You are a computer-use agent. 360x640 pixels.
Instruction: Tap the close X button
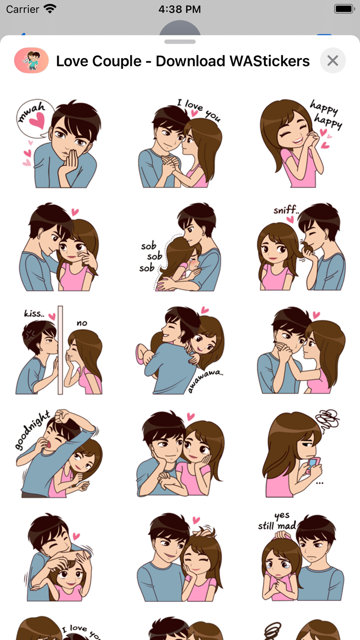333,61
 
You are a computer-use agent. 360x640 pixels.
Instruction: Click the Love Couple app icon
31,61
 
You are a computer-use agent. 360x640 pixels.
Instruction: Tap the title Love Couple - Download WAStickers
183,61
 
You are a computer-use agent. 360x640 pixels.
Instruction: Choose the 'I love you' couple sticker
180,144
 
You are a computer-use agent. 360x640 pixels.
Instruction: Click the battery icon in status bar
343,9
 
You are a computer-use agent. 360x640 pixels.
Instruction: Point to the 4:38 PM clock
179,9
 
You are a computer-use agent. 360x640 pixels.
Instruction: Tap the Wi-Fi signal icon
50,9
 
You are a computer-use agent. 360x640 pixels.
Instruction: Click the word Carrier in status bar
23,9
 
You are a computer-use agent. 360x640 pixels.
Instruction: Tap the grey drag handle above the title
180,42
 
